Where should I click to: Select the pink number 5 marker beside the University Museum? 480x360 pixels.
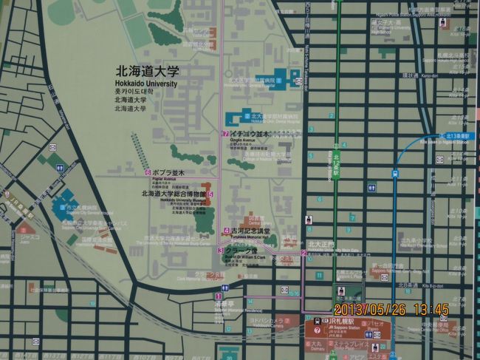click(x=210, y=194)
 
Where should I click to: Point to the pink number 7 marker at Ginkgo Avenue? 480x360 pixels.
click(x=225, y=134)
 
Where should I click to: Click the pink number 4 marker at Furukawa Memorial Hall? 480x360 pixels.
click(x=225, y=231)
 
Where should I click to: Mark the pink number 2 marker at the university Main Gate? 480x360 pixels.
click(x=304, y=254)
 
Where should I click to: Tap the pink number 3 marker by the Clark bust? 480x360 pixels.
click(x=220, y=251)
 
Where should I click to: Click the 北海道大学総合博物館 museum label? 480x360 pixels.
click(x=174, y=194)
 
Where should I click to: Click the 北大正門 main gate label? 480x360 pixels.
click(x=321, y=244)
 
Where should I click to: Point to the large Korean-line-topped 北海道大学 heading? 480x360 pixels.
click(x=148, y=72)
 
